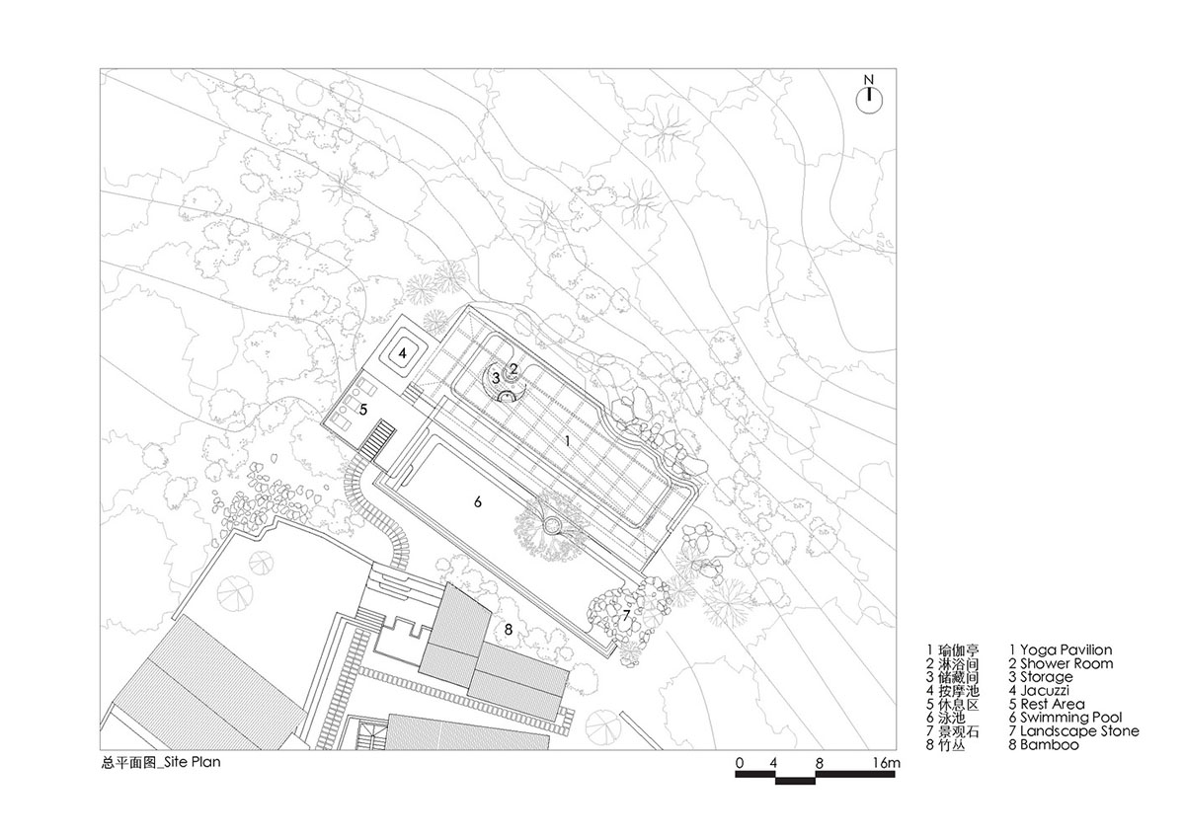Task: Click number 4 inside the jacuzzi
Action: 403,350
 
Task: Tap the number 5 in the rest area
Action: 362,408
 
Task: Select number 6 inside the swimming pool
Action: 477,501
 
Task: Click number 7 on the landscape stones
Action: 626,614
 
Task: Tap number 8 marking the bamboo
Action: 508,629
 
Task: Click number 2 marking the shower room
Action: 513,367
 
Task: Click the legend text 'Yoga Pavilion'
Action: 1066,649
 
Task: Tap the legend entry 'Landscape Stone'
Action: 1079,731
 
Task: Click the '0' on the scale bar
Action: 739,764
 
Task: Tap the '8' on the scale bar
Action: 819,764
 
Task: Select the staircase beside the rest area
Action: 379,438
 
